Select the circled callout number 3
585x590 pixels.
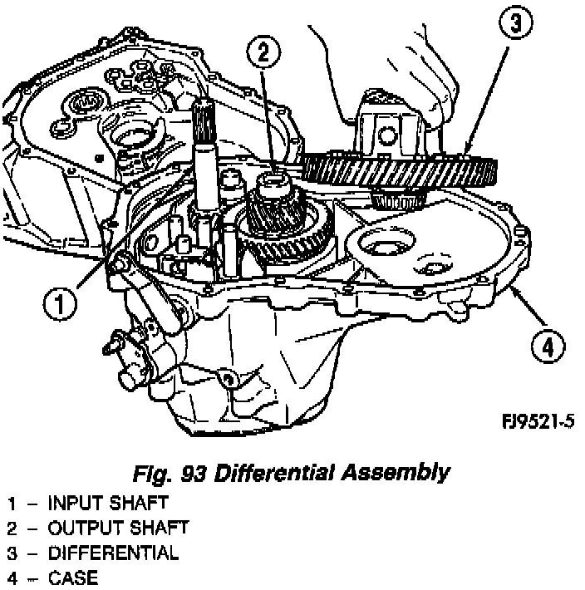[516, 25]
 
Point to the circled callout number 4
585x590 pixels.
[545, 344]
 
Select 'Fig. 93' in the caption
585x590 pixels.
[171, 473]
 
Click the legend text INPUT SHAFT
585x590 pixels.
[108, 503]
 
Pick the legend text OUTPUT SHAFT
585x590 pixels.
[118, 528]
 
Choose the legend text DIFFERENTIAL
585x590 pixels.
[113, 553]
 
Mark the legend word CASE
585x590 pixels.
[72, 578]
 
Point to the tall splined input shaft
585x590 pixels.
[204, 158]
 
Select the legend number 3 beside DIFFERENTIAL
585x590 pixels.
[12, 553]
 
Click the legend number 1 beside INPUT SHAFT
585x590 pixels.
[12, 503]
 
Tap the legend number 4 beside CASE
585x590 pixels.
[12, 578]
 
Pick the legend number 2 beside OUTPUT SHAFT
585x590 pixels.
[12, 528]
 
